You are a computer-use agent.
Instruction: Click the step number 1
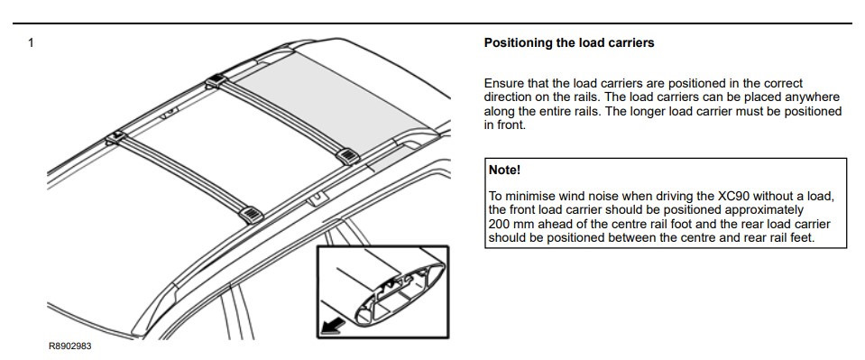pos(31,42)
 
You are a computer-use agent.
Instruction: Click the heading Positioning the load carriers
pos(569,43)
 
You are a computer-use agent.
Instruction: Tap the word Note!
pos(504,170)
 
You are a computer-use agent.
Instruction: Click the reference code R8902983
pos(70,346)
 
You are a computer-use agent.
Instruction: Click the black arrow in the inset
pos(334,327)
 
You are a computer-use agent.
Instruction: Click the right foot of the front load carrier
pos(251,213)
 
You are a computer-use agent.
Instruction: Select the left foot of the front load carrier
pos(116,137)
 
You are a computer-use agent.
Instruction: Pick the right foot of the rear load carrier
pos(347,156)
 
